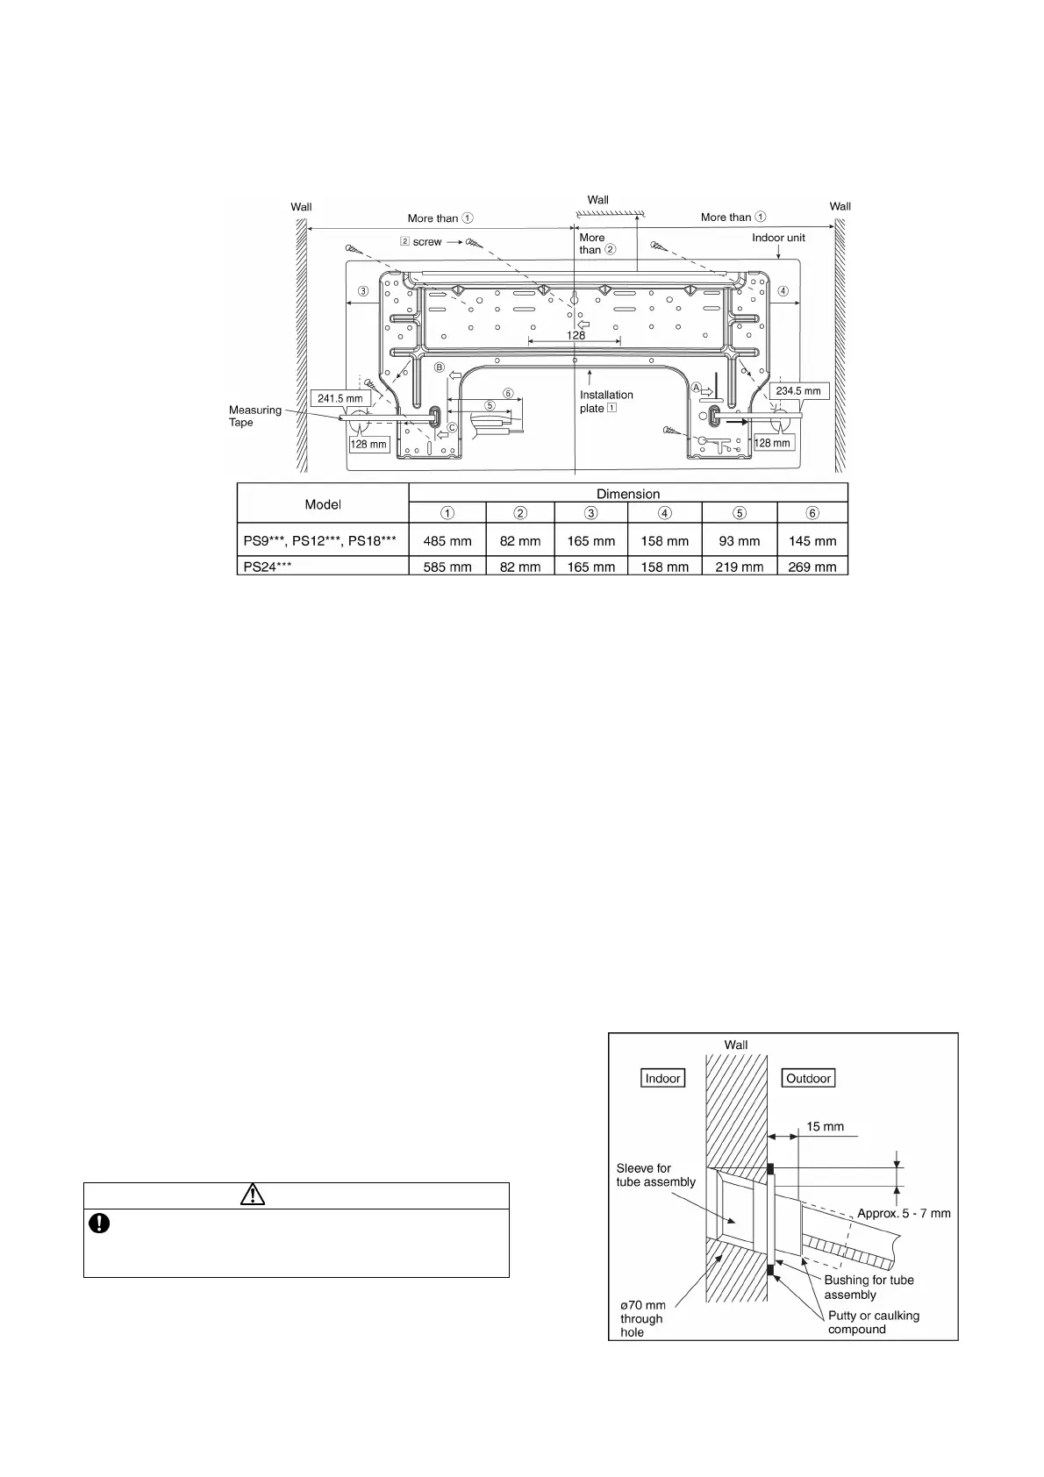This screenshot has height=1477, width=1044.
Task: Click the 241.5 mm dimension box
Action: coord(340,398)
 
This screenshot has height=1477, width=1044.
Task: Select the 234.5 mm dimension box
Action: coord(798,391)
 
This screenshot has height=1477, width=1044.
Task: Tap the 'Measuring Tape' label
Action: coord(255,416)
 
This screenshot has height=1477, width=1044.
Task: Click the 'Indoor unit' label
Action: coord(778,238)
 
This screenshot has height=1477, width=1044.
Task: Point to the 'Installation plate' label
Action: coord(606,402)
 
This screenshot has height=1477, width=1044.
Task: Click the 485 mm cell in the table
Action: coord(447,541)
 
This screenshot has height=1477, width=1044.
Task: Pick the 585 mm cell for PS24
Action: coord(447,567)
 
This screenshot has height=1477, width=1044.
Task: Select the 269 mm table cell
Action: coord(812,567)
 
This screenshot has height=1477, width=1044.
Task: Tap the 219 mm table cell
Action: coord(739,567)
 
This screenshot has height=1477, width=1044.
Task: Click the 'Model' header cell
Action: coord(323,504)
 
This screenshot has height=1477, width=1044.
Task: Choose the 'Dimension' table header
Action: coord(628,494)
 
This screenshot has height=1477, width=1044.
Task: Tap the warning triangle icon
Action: coord(252,1195)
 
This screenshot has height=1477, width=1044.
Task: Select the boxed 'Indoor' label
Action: coord(662,1078)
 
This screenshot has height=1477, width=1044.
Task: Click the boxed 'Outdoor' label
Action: coord(808,1078)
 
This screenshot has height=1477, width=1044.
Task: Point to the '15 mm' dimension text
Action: coord(825,1126)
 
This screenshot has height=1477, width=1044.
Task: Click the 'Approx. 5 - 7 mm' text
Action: coord(904,1214)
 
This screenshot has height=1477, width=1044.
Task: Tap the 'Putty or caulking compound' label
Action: coord(874,1322)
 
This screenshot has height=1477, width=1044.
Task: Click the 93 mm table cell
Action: coord(739,541)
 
